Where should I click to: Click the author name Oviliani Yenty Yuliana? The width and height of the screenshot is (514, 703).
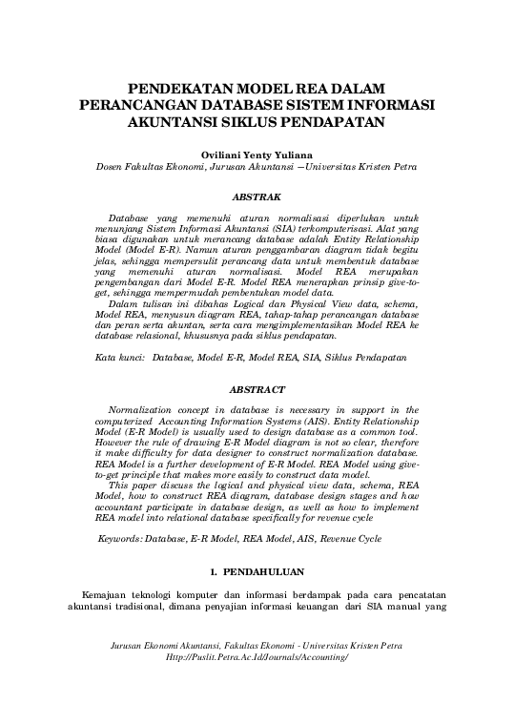257,153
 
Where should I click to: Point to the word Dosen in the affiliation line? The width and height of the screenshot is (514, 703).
114,166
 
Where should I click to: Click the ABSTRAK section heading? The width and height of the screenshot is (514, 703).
257,196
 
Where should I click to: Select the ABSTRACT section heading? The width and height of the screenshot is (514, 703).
257,390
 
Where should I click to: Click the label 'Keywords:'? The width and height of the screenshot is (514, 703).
126,539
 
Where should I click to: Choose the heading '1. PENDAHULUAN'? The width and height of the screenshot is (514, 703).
257,573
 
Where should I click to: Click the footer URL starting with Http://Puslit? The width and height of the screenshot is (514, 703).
257,658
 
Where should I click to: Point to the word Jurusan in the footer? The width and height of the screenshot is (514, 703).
134,646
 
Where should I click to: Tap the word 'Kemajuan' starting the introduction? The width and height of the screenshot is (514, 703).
109,596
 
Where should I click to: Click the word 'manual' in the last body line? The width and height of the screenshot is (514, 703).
401,610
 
